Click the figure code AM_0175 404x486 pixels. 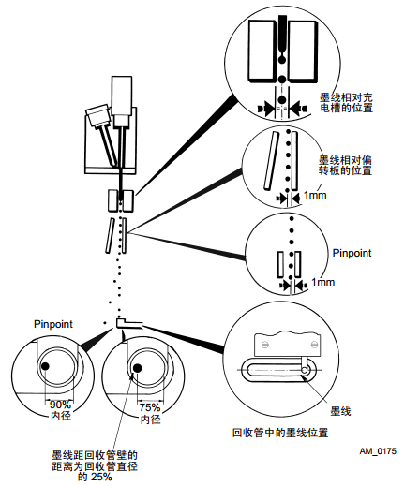(x=378, y=451)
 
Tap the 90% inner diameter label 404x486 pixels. (x=61, y=410)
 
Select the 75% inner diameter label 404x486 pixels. (x=150, y=413)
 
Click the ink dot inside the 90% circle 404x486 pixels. (x=45, y=366)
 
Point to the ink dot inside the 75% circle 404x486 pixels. (x=137, y=368)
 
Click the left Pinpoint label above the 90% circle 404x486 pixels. (x=53, y=324)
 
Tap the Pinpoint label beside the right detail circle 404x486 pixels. (x=352, y=253)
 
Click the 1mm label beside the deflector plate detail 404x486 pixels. (x=315, y=196)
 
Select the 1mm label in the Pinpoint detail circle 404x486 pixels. (x=323, y=282)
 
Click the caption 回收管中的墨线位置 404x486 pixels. (x=280, y=433)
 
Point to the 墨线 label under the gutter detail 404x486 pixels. (x=340, y=411)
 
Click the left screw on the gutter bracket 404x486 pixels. (x=265, y=345)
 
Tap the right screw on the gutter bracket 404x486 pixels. (x=315, y=345)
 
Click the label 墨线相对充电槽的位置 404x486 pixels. (x=346, y=103)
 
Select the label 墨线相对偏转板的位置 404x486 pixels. (x=345, y=165)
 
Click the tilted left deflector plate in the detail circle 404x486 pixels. (x=271, y=160)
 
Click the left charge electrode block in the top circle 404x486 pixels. (x=262, y=51)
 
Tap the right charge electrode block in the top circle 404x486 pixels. (x=303, y=52)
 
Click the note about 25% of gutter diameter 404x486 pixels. (x=95, y=465)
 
